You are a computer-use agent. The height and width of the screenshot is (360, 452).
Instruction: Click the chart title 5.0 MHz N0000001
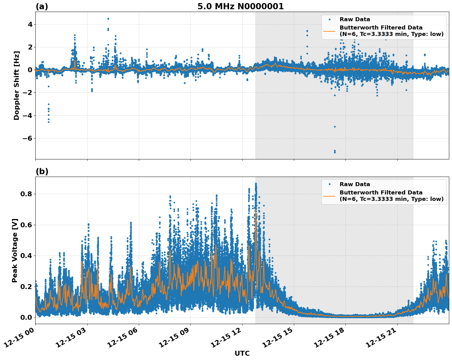pos(240,6)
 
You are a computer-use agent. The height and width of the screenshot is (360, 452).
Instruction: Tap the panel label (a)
pos(42,6)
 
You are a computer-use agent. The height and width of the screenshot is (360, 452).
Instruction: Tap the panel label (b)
pos(42,171)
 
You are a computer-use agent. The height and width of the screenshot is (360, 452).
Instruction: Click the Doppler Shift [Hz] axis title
pos(17,85)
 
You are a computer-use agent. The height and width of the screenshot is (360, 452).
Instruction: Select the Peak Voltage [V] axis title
pos(15,250)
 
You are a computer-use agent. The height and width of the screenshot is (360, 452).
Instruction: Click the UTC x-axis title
pos(242,353)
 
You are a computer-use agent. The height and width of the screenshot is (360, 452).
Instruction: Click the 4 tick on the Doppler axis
pos(30,24)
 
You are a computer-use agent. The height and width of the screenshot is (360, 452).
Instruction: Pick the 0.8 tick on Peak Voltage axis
pos(26,194)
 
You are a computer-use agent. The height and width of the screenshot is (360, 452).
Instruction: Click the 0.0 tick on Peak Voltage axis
pos(26,317)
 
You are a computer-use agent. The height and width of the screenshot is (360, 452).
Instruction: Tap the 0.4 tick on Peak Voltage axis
pos(26,256)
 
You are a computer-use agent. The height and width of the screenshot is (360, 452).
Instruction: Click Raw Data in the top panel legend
pos(355,19)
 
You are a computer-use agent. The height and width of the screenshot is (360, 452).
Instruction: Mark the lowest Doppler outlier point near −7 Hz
pos(335,152)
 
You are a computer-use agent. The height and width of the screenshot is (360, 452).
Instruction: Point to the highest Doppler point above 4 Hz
pos(108,19)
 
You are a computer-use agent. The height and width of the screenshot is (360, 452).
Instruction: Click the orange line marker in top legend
pos(329,31)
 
